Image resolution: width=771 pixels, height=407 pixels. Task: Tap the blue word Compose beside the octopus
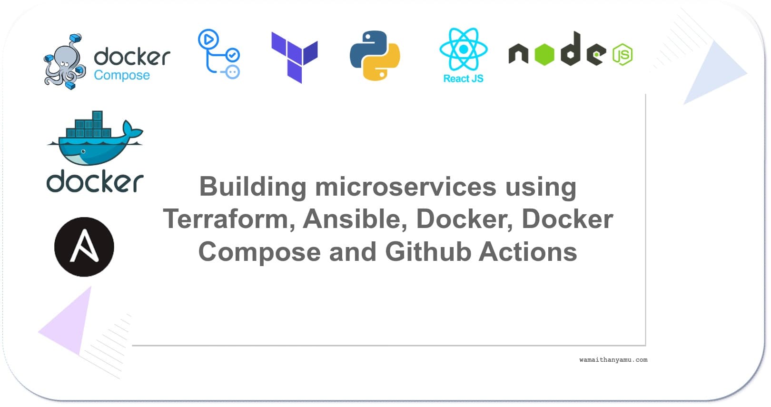point(122,75)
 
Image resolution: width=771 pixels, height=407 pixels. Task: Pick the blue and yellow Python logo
point(375,56)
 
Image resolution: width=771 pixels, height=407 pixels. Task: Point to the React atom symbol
point(463,49)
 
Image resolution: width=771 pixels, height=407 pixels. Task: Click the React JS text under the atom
point(463,79)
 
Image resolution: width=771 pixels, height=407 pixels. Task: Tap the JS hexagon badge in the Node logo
point(622,55)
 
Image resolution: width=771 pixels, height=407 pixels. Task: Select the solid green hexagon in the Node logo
point(544,54)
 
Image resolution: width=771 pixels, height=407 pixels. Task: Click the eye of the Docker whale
point(83,151)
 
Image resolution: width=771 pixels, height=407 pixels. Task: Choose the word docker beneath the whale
point(95,182)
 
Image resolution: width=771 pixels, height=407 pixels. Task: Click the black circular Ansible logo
point(84,247)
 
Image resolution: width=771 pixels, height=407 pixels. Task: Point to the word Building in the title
point(252,187)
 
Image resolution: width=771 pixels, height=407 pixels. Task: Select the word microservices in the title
point(406,187)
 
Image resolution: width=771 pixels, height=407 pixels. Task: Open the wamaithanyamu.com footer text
point(613,360)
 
